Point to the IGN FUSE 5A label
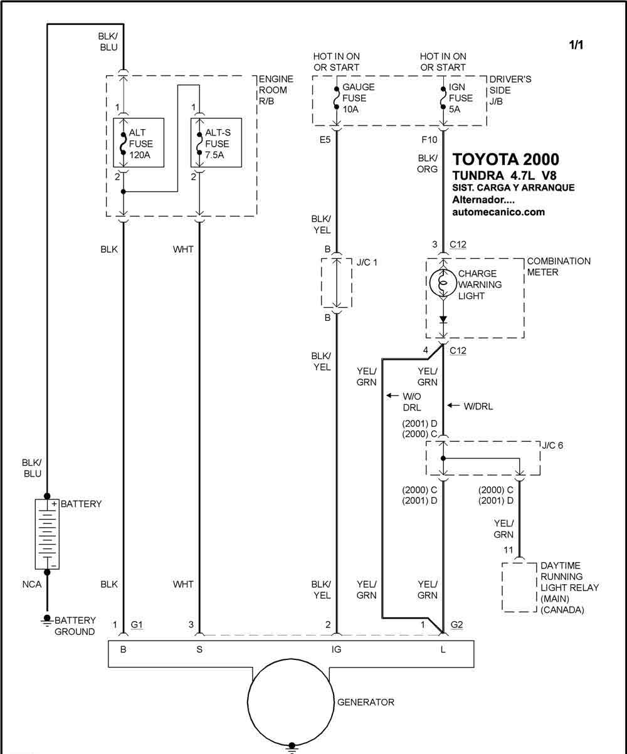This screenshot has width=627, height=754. pyautogui.click(x=460, y=98)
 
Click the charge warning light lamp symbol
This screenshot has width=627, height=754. pyautogui.click(x=443, y=283)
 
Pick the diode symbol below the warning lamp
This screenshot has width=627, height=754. pyautogui.click(x=443, y=320)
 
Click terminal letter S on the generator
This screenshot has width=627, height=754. pyautogui.click(x=199, y=649)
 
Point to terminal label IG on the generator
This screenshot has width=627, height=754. pyautogui.click(x=336, y=649)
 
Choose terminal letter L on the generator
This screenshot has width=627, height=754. pyautogui.click(x=443, y=649)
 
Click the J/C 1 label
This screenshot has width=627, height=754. pyautogui.click(x=367, y=262)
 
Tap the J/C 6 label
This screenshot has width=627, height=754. pyautogui.click(x=552, y=445)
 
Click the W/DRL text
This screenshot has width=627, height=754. pyautogui.click(x=478, y=406)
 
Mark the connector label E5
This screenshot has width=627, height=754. pyautogui.click(x=325, y=139)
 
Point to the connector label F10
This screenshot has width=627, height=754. pyautogui.click(x=429, y=139)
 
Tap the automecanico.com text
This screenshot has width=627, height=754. pyautogui.click(x=498, y=212)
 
